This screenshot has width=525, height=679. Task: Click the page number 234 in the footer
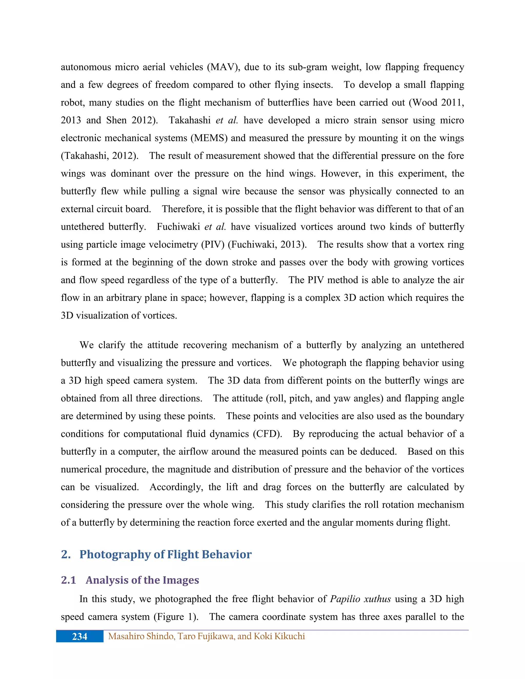[x=80, y=636]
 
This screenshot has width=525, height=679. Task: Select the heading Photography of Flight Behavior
[x=165, y=554]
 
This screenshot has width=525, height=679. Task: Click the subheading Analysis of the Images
[x=142, y=580]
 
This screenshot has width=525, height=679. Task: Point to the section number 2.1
[x=68, y=580]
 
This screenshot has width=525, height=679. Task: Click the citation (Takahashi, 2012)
[x=99, y=156]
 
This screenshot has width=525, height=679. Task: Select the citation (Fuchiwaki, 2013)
[x=267, y=245]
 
